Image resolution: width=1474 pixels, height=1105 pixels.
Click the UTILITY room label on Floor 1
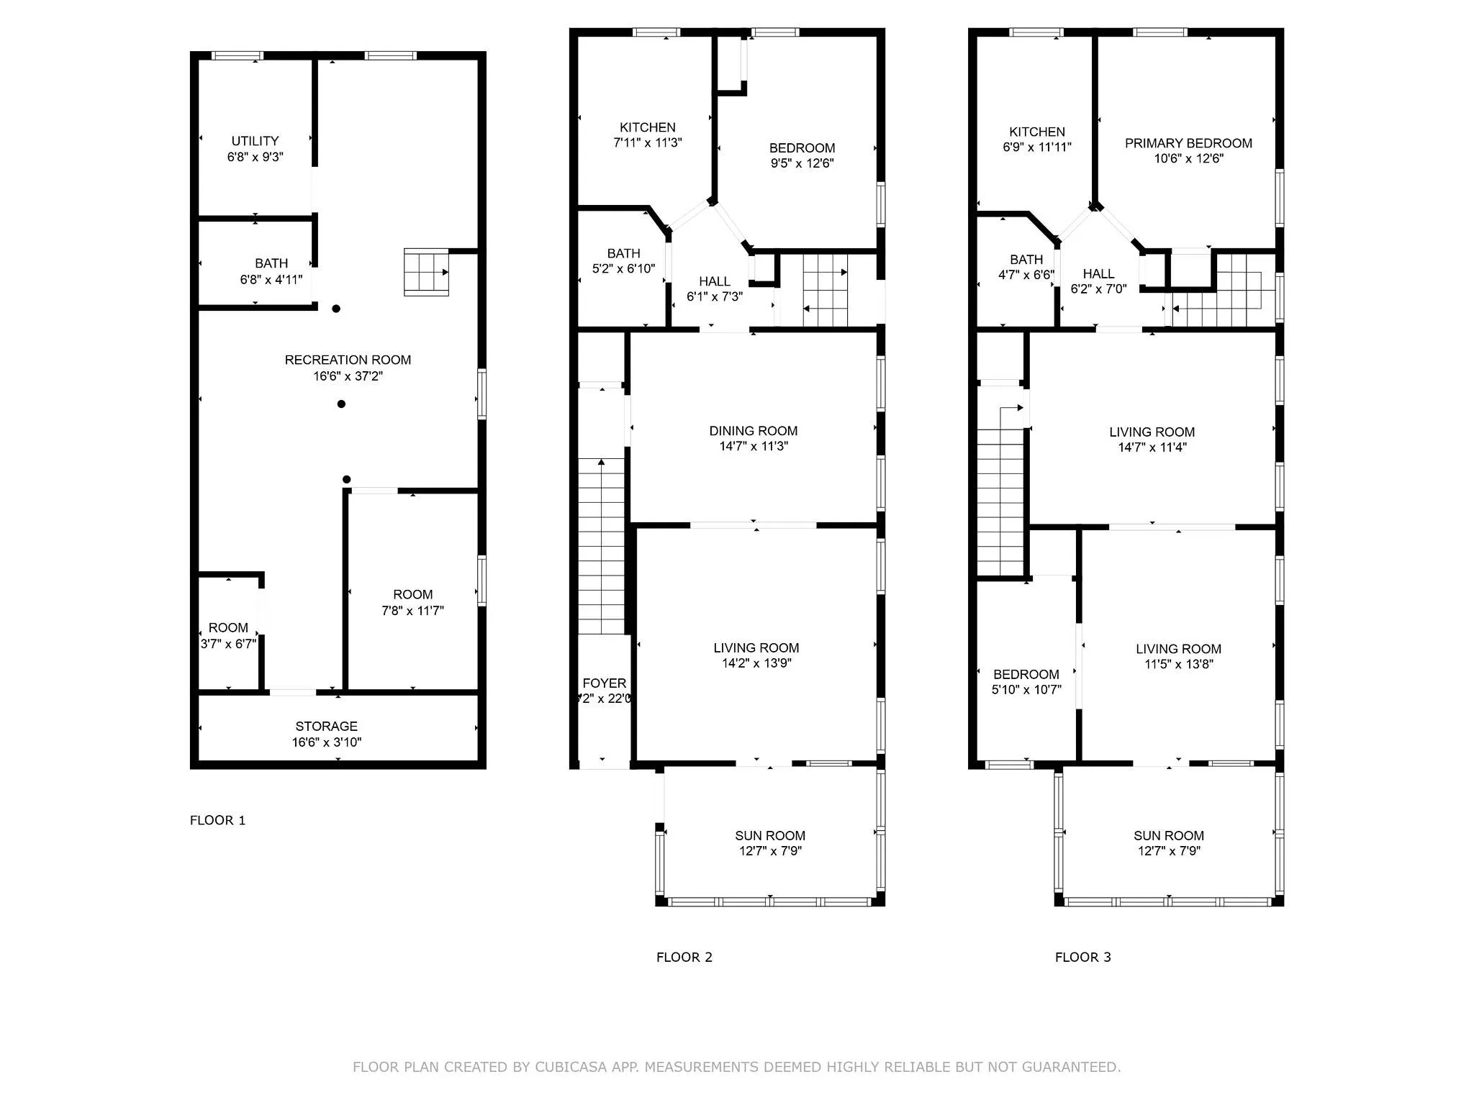click(x=255, y=141)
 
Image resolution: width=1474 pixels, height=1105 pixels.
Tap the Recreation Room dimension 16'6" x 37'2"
click(x=348, y=376)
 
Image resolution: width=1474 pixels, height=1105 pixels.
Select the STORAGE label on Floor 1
click(x=326, y=726)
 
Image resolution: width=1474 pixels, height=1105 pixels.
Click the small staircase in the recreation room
click(x=426, y=272)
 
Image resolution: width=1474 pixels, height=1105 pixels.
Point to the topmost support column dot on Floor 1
click(x=336, y=309)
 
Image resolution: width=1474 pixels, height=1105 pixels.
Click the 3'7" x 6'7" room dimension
click(x=228, y=644)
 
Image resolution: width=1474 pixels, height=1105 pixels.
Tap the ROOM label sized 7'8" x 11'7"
click(x=412, y=594)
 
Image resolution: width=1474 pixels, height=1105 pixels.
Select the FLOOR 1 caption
click(x=217, y=820)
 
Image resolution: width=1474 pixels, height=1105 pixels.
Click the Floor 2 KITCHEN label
click(x=647, y=127)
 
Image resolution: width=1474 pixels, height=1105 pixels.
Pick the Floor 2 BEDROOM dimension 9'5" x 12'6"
click(x=802, y=163)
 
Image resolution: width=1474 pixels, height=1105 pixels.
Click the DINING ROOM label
click(x=753, y=431)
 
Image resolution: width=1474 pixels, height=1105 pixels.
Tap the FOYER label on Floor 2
click(x=604, y=683)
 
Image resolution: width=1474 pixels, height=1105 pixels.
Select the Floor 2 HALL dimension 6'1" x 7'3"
click(x=714, y=296)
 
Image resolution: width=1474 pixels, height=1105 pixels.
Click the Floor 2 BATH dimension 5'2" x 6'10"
click(x=623, y=268)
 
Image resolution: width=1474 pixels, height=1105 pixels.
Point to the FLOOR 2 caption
click(x=684, y=957)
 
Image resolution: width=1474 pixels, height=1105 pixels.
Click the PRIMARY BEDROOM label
click(x=1188, y=143)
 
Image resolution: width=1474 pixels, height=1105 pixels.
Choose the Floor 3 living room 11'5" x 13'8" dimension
click(x=1178, y=664)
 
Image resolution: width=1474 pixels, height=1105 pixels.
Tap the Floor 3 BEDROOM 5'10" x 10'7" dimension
click(x=1026, y=690)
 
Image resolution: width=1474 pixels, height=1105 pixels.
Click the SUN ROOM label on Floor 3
click(x=1168, y=835)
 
